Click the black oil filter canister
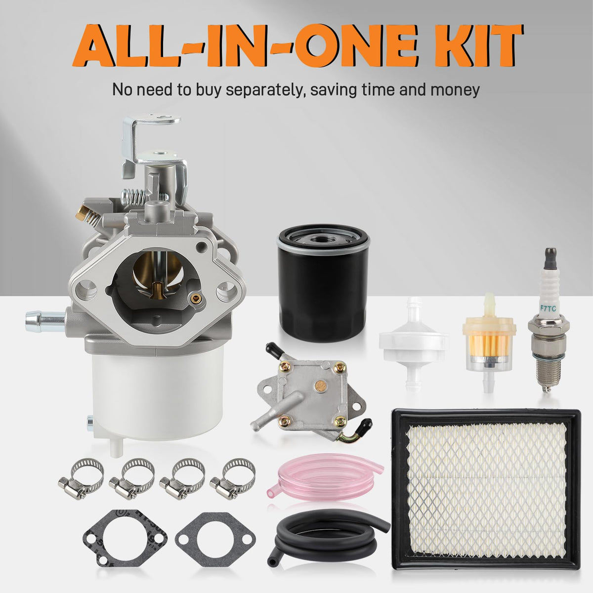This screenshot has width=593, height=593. [323, 284]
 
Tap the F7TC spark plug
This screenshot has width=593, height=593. [549, 320]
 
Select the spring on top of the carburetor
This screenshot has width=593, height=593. [135, 195]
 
